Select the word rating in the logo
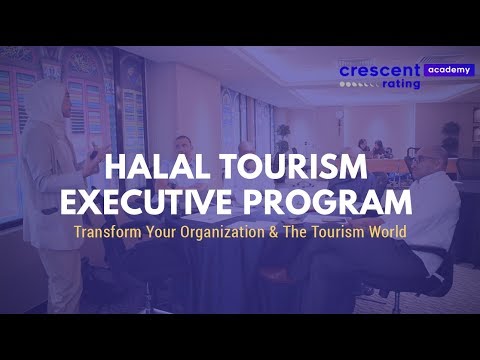(400, 84)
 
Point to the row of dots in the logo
(358, 85)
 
